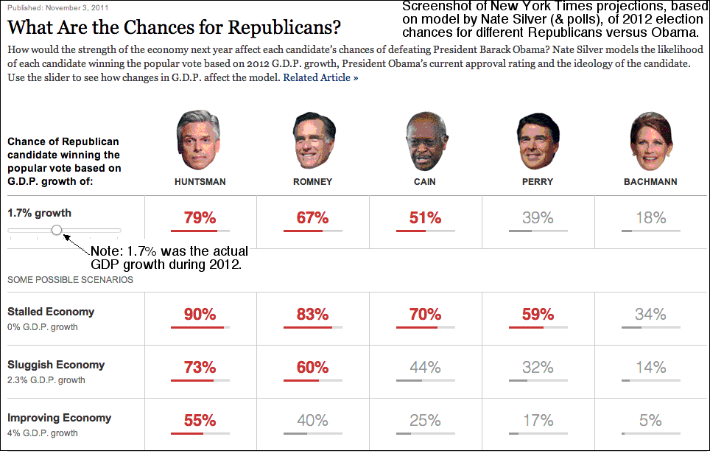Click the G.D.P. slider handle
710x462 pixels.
pyautogui.click(x=57, y=231)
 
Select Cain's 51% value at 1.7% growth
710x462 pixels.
pyautogui.click(x=425, y=217)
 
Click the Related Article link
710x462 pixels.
pyautogui.click(x=320, y=77)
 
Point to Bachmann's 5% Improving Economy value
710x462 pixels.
pyautogui.click(x=650, y=421)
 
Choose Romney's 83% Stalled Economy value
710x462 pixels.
pyautogui.click(x=312, y=315)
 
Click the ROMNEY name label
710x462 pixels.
pyautogui.click(x=312, y=181)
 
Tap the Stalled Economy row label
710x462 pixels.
pyautogui.click(x=51, y=312)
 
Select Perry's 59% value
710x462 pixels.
pyautogui.click(x=537, y=315)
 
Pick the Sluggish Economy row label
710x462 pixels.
pyautogui.click(x=56, y=365)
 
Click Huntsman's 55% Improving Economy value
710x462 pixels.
pyautogui.click(x=200, y=421)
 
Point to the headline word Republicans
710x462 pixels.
pyautogui.click(x=284, y=28)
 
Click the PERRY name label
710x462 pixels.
pyautogui.click(x=537, y=181)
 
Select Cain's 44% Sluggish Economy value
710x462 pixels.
pyautogui.click(x=425, y=368)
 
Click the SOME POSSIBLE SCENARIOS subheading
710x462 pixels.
pyautogui.click(x=70, y=280)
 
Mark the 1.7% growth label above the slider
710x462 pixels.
pyautogui.click(x=39, y=213)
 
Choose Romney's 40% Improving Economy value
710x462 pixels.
pyautogui.click(x=312, y=421)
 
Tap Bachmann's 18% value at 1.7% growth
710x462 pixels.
pyautogui.click(x=650, y=217)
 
